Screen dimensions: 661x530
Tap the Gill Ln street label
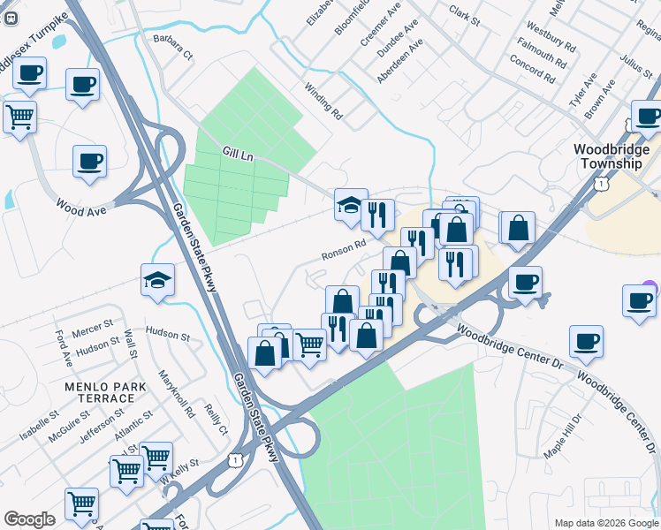click(x=238, y=153)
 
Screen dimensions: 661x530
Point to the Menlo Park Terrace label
click(x=99, y=392)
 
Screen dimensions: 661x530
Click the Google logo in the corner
click(x=29, y=519)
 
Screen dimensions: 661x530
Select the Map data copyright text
click(x=605, y=522)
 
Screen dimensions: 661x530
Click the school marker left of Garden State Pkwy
click(x=158, y=280)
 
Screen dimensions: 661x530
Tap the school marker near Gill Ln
click(x=351, y=205)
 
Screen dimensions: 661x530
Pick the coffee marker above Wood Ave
click(x=89, y=162)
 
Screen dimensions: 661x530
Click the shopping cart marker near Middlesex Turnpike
click(x=19, y=117)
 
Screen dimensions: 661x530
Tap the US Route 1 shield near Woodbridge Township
click(x=600, y=183)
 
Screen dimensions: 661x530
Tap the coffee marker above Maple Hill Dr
click(x=585, y=340)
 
